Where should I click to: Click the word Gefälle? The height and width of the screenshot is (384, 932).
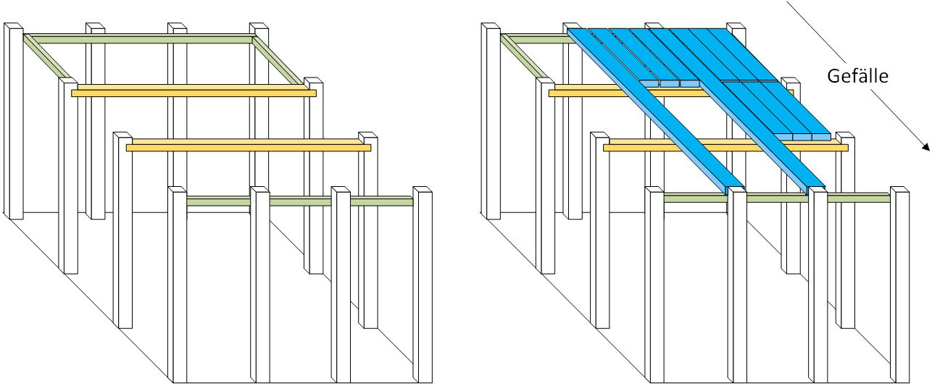[x=857, y=76]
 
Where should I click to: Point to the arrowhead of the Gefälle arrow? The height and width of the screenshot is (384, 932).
[x=925, y=147]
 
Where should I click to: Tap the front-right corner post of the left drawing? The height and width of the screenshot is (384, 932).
[x=423, y=285]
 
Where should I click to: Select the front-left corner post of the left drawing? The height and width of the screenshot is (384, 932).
[x=178, y=285]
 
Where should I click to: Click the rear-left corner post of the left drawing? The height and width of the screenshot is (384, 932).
[x=13, y=121]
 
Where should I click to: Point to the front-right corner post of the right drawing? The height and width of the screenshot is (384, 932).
[x=900, y=285]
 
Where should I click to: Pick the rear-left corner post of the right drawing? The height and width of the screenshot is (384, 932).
[x=491, y=121]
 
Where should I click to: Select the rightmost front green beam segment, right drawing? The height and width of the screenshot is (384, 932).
[x=859, y=198]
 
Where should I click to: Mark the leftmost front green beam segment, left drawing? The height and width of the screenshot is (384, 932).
[x=219, y=201]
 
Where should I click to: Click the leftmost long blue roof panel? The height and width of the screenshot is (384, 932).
[x=655, y=111]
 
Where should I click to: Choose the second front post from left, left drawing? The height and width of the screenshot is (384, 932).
[x=260, y=285]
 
